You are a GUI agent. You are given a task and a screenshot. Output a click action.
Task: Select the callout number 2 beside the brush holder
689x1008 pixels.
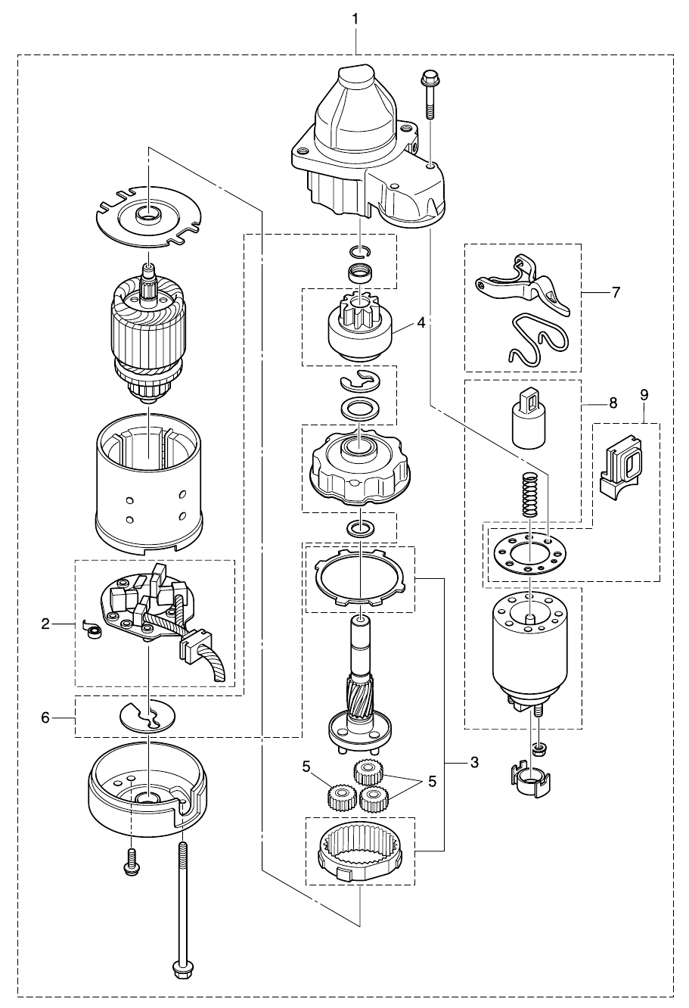pyautogui.click(x=45, y=624)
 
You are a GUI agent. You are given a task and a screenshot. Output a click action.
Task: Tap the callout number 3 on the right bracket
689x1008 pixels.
pyautogui.click(x=474, y=762)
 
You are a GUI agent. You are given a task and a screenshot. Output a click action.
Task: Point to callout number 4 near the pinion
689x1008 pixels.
pyautogui.click(x=421, y=322)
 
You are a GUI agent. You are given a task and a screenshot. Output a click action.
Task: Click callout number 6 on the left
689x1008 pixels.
pyautogui.click(x=45, y=717)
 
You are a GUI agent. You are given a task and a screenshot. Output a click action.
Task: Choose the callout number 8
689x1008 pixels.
pyautogui.click(x=613, y=403)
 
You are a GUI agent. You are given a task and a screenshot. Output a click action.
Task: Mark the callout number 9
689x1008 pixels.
pyautogui.click(x=644, y=394)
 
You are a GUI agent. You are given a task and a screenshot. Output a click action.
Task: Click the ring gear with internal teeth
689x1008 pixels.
pyautogui.click(x=360, y=852)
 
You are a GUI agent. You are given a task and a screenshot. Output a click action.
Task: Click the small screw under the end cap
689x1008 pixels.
pyautogui.click(x=131, y=861)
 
